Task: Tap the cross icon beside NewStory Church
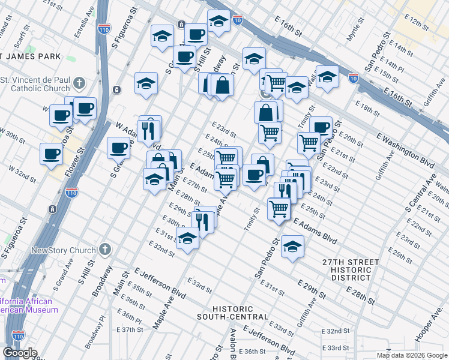tap(105, 249)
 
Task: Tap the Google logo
tap(20, 352)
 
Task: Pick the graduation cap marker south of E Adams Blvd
tap(292, 246)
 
